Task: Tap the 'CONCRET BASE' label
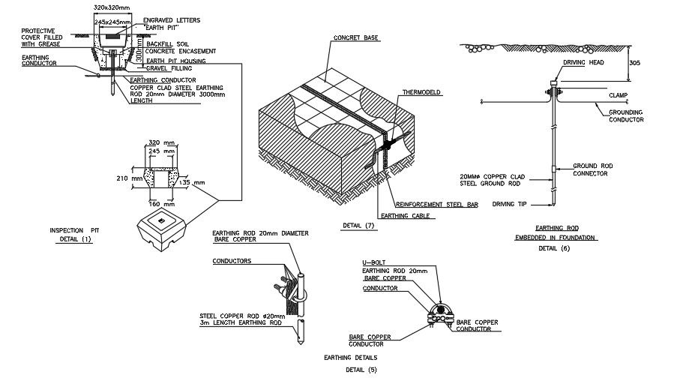pos(356,37)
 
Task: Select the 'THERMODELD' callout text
pos(421,92)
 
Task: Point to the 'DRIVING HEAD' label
pos(584,63)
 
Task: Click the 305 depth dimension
pos(636,63)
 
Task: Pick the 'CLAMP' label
pos(619,95)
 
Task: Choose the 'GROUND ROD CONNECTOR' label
pos(590,169)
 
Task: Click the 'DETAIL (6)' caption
pos(554,247)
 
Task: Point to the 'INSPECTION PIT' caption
pos(74,229)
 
